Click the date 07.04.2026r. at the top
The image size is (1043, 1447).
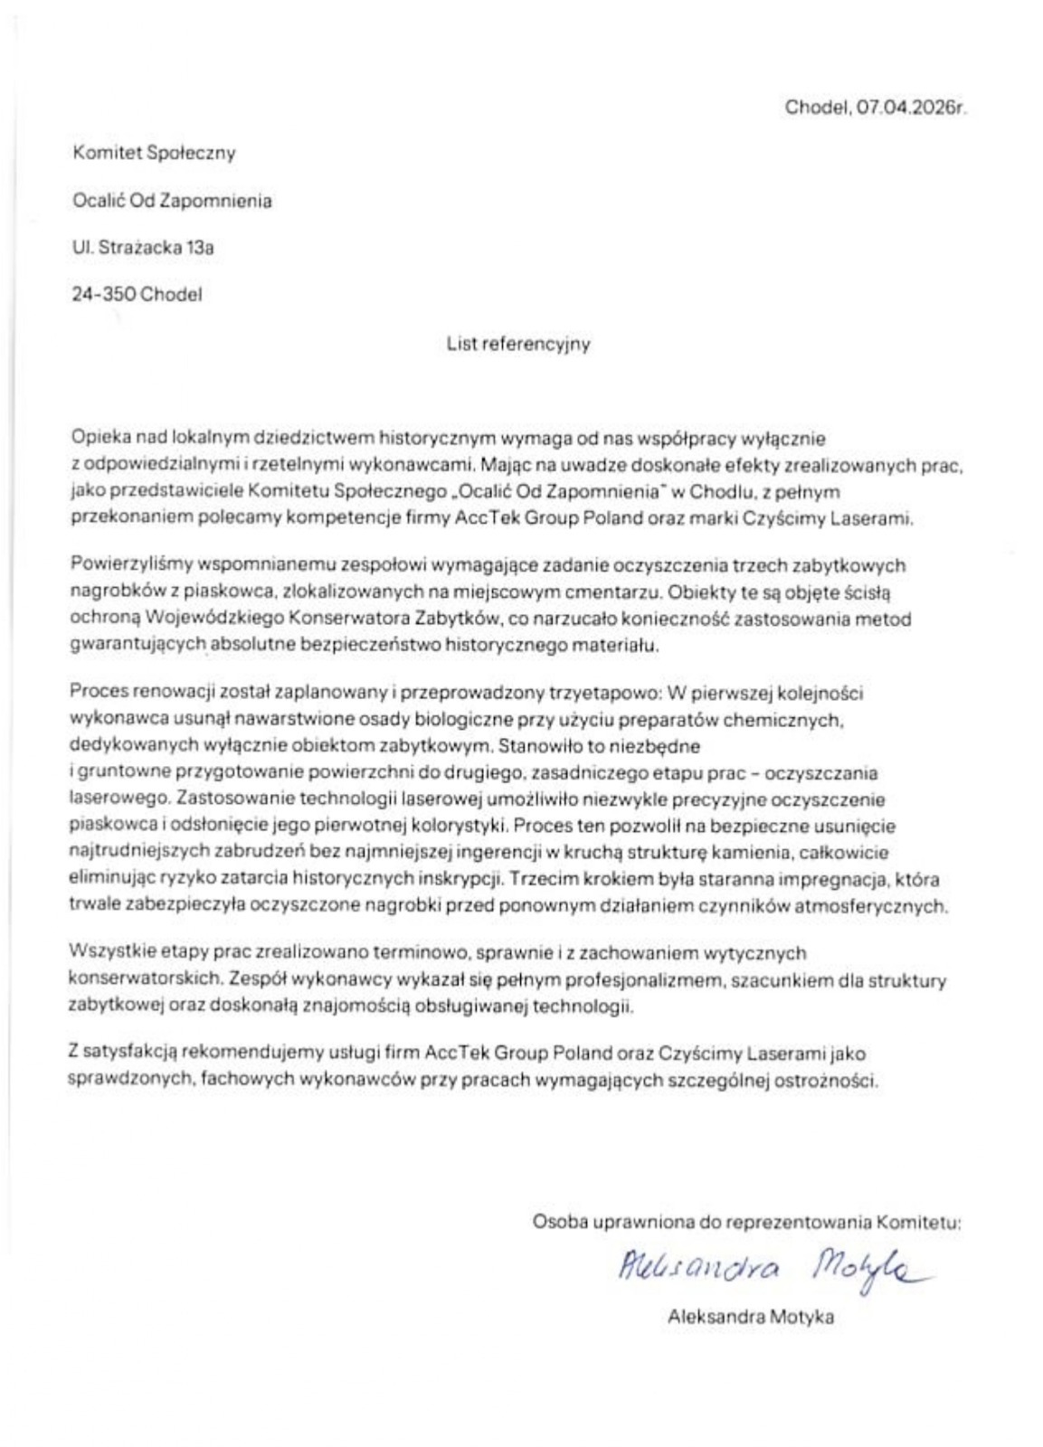tap(912, 107)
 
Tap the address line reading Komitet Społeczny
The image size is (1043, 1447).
tap(154, 153)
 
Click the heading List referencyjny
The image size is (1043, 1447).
tap(517, 344)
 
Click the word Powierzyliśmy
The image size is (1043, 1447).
tap(123, 566)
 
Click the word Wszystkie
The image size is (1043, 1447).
tap(107, 953)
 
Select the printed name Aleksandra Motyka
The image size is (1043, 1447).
tap(750, 1318)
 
